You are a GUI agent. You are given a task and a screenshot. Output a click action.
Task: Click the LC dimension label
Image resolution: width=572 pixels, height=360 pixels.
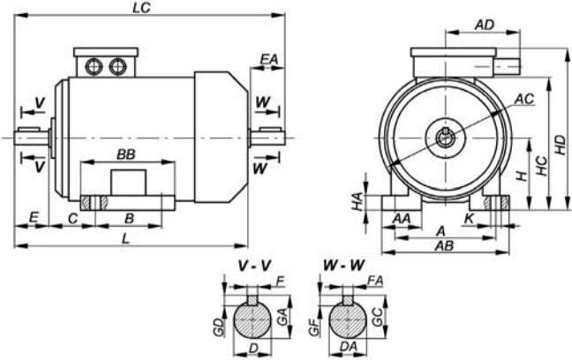(x=141, y=8)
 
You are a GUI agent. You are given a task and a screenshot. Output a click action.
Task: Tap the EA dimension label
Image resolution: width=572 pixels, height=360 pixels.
(x=269, y=59)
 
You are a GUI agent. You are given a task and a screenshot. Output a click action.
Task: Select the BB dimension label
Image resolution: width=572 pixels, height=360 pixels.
(x=126, y=154)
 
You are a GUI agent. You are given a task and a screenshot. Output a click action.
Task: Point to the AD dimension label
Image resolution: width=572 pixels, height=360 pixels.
(x=485, y=25)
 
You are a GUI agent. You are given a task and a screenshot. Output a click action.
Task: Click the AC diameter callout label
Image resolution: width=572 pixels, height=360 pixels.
(x=524, y=99)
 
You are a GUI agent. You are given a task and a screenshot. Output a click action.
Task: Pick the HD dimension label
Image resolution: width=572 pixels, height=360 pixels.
(x=561, y=145)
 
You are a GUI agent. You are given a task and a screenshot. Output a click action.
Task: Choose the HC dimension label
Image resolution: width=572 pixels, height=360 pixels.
(x=543, y=166)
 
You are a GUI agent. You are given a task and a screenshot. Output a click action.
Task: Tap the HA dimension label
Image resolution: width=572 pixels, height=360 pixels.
(x=357, y=202)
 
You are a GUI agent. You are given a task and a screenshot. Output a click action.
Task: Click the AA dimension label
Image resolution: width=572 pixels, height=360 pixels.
(x=402, y=219)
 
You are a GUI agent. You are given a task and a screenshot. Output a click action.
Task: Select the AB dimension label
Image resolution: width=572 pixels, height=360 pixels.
(x=444, y=246)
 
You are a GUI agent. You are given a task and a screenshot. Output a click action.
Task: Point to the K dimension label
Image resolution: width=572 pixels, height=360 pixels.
(x=469, y=219)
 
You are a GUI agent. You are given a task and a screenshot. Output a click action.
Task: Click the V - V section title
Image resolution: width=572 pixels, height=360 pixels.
(x=254, y=266)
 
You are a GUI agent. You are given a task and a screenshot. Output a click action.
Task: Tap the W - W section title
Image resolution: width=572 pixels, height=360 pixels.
(x=343, y=266)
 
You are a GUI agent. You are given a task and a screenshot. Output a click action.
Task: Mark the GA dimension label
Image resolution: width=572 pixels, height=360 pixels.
(x=282, y=316)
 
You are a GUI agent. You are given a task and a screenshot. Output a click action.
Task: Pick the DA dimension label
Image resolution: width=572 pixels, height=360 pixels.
(x=348, y=347)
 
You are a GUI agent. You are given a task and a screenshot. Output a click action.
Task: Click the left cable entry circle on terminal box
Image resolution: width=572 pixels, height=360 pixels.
(x=94, y=66)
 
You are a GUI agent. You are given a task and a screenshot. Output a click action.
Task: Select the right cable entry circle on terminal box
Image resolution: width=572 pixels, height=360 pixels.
(x=117, y=66)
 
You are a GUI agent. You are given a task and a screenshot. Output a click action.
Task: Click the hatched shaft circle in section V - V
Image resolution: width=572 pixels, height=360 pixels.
(x=252, y=320)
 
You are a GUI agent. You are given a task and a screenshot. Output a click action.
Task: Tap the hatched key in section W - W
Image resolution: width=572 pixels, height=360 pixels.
(x=348, y=300)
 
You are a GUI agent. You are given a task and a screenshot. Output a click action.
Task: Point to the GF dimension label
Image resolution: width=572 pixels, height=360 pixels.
(x=313, y=326)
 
